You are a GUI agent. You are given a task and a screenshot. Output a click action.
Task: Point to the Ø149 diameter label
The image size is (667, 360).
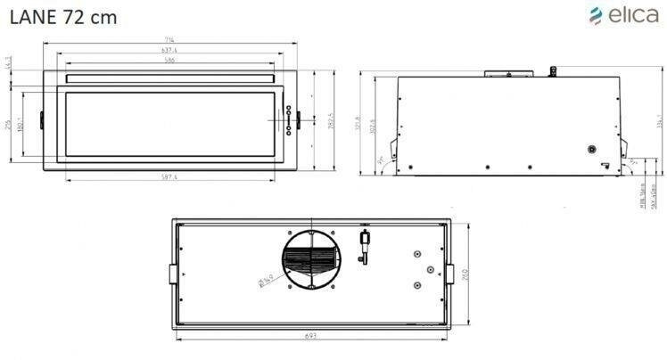click(265, 283)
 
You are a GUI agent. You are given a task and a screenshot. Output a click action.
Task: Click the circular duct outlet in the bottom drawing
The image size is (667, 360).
click(312, 259)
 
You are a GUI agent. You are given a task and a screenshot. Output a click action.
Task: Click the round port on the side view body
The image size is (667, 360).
click(591, 149)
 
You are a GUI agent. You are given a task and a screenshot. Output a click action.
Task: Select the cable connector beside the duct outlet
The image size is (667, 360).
click(363, 245)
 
